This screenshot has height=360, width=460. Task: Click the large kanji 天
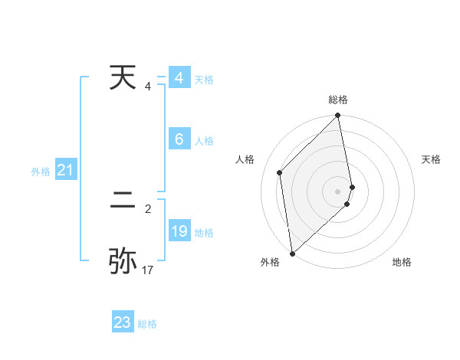tap(124, 79)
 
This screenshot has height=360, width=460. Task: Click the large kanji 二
tap(124, 202)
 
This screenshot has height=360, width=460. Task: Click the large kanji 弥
tap(123, 260)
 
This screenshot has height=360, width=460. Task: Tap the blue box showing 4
tap(179, 78)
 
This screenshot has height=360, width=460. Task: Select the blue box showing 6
tap(179, 139)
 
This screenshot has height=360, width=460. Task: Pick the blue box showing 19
tap(179, 231)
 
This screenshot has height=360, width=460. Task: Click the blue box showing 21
tap(65, 171)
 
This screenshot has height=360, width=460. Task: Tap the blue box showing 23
tap(123, 322)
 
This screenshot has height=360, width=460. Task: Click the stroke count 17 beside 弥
tap(148, 270)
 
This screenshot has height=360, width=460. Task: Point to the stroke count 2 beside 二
tap(148, 208)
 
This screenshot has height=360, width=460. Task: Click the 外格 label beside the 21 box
tap(41, 172)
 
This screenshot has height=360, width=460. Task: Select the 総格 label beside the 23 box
tap(147, 324)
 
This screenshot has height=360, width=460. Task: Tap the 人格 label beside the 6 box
tap(204, 141)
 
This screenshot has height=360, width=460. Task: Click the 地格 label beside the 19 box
tap(204, 233)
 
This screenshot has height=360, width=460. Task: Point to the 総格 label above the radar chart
tap(338, 100)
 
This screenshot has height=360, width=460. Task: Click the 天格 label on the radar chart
tap(432, 159)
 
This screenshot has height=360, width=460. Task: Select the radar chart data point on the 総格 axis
tap(338, 116)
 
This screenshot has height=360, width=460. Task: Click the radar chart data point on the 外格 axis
tap(292, 254)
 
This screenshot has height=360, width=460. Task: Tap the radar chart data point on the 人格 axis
tap(280, 172)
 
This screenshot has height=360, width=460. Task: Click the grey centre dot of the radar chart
tap(338, 191)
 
